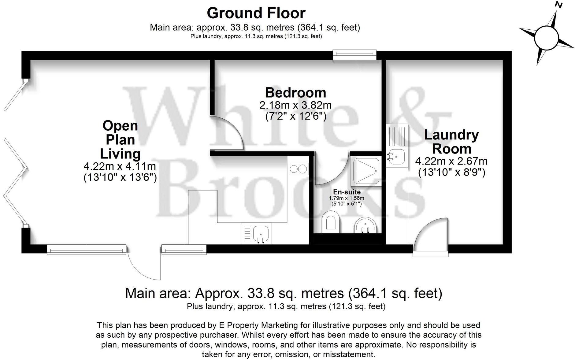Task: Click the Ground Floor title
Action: [256, 13]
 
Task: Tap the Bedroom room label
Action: [295, 92]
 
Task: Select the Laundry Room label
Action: [451, 142]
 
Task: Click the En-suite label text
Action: [347, 192]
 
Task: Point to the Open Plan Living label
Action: [120, 139]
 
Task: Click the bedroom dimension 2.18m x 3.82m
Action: [295, 105]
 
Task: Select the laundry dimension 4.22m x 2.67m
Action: [451, 161]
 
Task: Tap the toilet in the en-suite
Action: [331, 222]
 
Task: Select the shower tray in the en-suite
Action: [366, 171]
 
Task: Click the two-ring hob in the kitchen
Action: [298, 169]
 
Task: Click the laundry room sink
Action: [397, 157]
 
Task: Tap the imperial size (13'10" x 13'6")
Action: [120, 178]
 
